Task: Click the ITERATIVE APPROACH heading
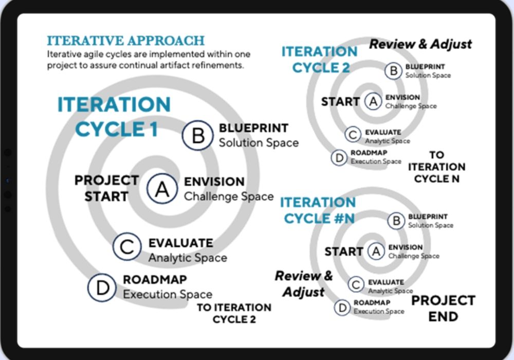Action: (x=125, y=41)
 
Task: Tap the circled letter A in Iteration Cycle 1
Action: (x=162, y=189)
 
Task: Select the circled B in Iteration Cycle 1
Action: (x=197, y=135)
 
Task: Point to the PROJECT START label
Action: (x=106, y=188)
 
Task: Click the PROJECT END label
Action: (x=443, y=308)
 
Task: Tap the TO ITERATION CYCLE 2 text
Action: (x=234, y=313)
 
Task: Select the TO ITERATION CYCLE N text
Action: (x=436, y=167)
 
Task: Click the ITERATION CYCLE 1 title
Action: (x=114, y=117)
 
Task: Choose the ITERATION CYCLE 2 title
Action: (x=319, y=59)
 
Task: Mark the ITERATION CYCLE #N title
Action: (x=318, y=210)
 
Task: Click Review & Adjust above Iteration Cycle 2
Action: (x=420, y=44)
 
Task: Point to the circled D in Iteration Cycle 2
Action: (x=339, y=157)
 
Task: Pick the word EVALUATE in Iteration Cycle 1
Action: (x=180, y=242)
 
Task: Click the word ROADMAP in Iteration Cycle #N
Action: (x=372, y=303)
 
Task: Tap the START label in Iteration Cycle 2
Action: (x=340, y=102)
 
